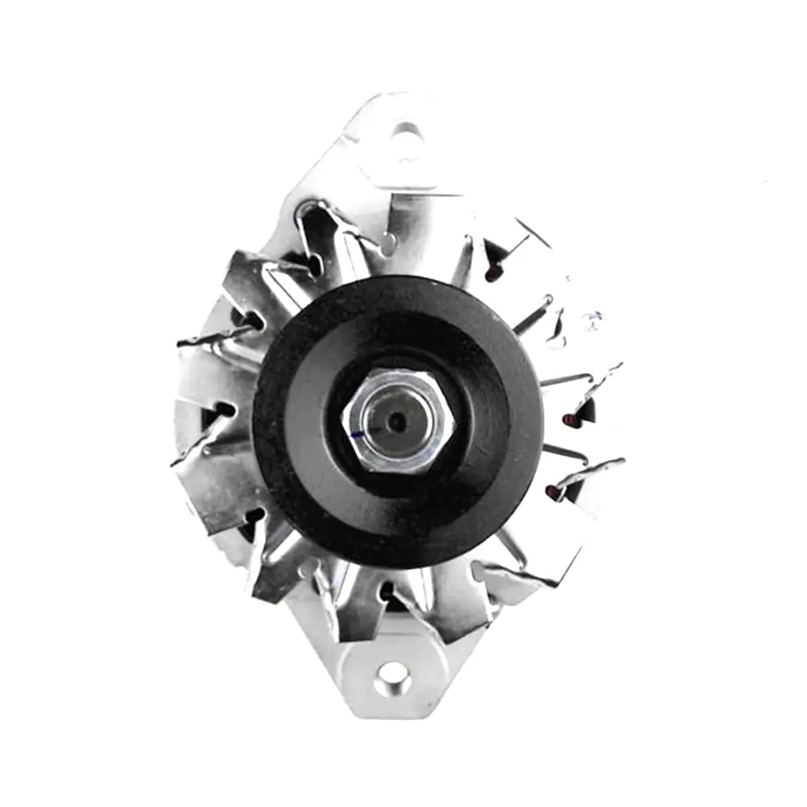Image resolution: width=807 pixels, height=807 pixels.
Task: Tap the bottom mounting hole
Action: pos(393,677)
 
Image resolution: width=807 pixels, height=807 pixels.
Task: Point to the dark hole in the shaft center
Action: pos(396,420)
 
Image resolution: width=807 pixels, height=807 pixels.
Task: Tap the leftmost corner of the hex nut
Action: pos(343,420)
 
